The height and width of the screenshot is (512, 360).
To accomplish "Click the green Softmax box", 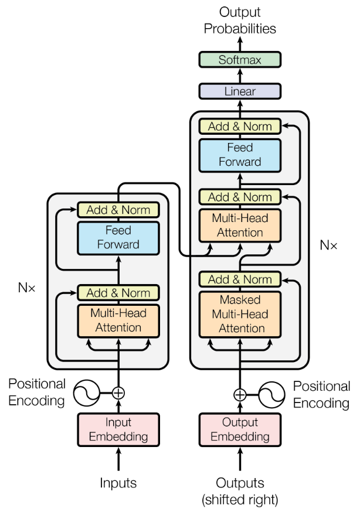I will pyautogui.click(x=240, y=60).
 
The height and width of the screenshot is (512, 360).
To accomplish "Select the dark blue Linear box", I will pyautogui.click(x=240, y=91).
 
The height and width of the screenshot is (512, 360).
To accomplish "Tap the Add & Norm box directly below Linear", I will pyautogui.click(x=240, y=127).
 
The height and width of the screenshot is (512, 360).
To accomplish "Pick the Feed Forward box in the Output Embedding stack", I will pyautogui.click(x=240, y=155).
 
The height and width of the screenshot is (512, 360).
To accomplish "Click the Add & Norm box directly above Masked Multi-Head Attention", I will pyautogui.click(x=240, y=279).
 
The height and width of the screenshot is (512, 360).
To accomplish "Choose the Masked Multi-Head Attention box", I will pyautogui.click(x=240, y=315).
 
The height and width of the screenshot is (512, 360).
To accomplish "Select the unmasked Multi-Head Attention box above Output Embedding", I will pyautogui.click(x=240, y=226).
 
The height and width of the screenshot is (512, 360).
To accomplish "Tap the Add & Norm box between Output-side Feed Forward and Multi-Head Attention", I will pyautogui.click(x=240, y=197).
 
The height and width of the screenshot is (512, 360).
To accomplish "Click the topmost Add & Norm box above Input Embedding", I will pyautogui.click(x=118, y=210).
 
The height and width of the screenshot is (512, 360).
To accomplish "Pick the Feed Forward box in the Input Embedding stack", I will pyautogui.click(x=118, y=238).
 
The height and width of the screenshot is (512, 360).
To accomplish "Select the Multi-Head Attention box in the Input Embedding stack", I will pyautogui.click(x=118, y=320).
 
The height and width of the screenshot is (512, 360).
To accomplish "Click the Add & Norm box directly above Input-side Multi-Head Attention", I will pyautogui.click(x=118, y=293).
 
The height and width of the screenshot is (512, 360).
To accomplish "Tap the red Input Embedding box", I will pyautogui.click(x=118, y=430).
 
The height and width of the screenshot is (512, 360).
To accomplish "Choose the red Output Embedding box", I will pyautogui.click(x=240, y=430).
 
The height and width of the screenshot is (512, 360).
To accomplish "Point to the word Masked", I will pyautogui.click(x=240, y=300).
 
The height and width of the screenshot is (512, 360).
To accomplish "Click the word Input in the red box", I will pyautogui.click(x=118, y=423).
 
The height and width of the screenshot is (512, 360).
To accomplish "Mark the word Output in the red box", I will pyautogui.click(x=240, y=423).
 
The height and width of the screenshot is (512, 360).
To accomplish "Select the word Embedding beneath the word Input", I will pyautogui.click(x=118, y=437).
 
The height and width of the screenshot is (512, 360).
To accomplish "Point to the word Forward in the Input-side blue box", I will pyautogui.click(x=118, y=245).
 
